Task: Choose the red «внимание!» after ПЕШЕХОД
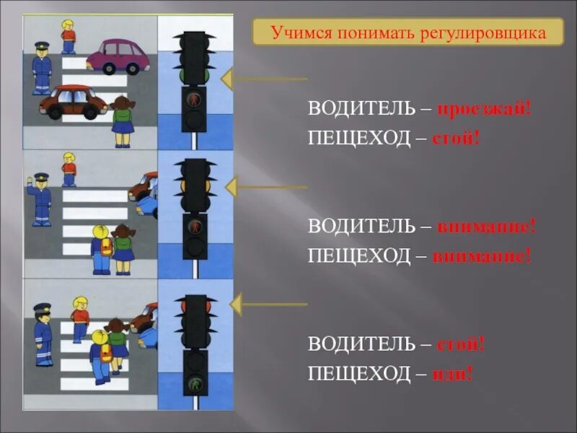482,255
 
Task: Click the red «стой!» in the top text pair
456,137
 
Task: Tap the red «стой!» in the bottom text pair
460,344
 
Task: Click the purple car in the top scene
118,56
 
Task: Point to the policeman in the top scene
42,69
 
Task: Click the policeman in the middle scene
41,198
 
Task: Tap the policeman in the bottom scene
43,333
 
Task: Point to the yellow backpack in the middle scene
107,248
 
